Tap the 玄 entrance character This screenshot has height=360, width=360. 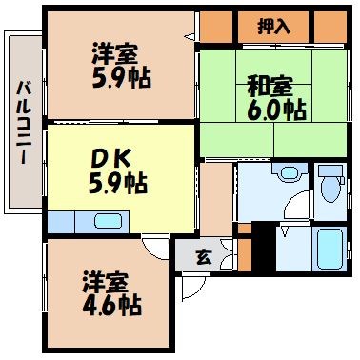point(203,255)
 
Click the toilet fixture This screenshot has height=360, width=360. point(331,187)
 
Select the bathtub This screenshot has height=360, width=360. point(330,249)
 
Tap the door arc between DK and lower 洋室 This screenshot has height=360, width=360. point(153,246)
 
